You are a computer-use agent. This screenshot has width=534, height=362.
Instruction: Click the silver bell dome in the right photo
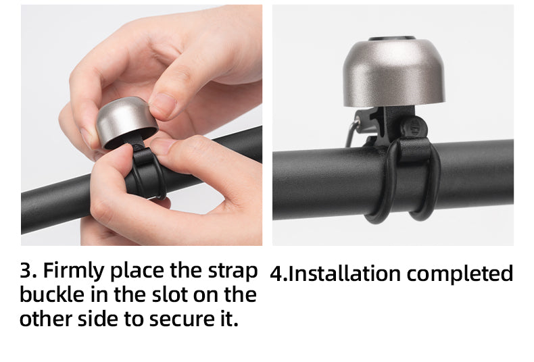393,73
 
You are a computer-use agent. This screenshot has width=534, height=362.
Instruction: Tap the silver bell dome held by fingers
125,121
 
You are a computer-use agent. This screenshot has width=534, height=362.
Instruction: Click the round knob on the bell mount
414,128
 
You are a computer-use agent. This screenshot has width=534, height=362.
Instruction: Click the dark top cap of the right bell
392,38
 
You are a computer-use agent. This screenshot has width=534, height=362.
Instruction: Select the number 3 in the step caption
26,270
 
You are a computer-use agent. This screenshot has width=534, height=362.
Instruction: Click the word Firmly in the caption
73,271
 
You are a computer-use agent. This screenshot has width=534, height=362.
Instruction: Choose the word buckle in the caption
52,294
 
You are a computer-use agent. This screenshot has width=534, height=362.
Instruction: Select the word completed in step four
460,274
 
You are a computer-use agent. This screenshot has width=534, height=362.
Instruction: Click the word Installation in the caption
344,274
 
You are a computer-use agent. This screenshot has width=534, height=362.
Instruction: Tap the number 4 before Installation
276,274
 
